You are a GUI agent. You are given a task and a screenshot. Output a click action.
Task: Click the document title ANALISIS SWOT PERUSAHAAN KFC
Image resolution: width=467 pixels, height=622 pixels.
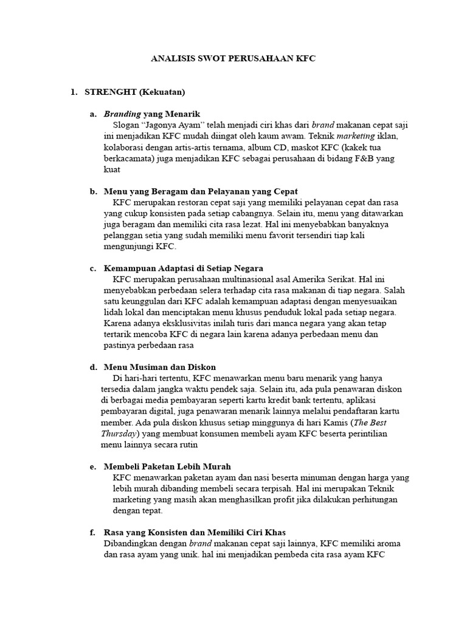click(233, 60)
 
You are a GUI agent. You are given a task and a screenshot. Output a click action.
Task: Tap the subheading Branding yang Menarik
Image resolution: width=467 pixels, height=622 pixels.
click(152, 114)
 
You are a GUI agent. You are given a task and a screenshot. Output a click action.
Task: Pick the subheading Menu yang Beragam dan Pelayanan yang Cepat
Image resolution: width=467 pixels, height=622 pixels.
click(201, 191)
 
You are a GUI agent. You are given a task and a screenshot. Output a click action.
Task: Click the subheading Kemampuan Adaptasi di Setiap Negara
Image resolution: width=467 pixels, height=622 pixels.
click(184, 268)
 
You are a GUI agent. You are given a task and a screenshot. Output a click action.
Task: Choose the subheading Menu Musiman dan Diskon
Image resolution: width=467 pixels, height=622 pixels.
click(160, 367)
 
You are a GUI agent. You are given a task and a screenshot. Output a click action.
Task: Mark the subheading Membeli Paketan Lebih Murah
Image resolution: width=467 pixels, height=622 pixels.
click(168, 466)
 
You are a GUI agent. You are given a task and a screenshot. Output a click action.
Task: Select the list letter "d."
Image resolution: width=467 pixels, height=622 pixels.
click(93, 367)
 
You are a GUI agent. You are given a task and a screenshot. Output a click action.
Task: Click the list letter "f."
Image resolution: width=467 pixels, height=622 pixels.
click(92, 532)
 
